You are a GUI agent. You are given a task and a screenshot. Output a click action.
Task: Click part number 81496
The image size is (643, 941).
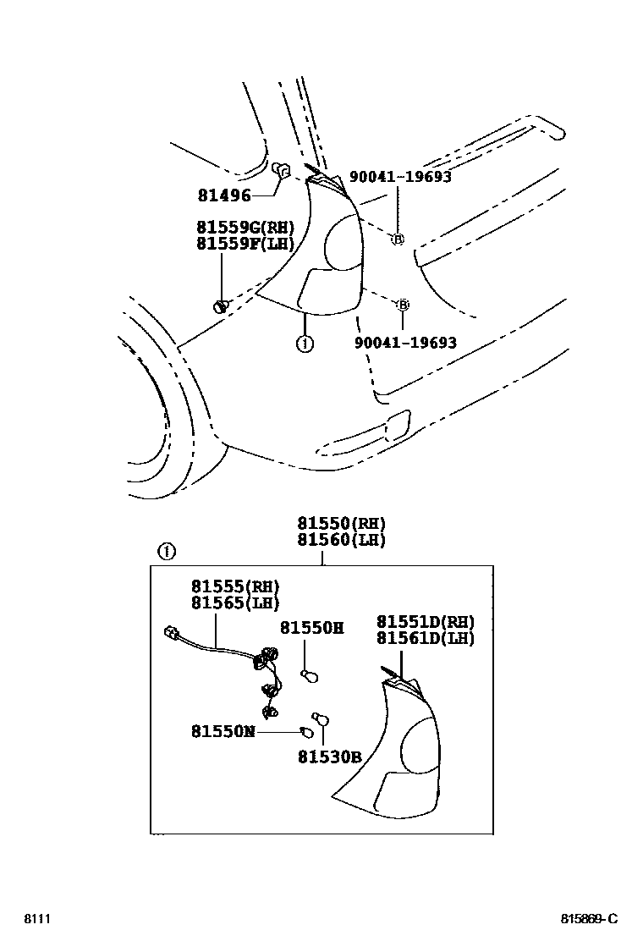224,195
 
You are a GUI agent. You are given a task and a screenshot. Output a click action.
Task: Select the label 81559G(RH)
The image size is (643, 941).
245,228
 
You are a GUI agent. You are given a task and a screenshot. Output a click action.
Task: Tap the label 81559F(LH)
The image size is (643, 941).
245,245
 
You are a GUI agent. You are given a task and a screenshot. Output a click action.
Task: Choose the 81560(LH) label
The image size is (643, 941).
341,540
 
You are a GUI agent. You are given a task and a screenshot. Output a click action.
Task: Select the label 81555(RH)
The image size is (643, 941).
234,586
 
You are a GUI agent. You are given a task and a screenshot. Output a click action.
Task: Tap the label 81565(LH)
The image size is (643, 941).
234,603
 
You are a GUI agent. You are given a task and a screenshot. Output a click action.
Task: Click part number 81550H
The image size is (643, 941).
311,628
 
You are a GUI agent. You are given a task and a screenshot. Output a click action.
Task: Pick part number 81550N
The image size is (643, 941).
223,731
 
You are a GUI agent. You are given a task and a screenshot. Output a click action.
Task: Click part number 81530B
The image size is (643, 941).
329,757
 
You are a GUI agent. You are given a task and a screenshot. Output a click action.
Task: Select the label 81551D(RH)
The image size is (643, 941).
426,622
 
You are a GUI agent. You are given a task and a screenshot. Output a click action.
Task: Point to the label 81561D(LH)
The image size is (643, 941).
426,639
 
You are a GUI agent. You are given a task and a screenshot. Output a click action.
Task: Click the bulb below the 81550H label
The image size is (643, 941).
309,674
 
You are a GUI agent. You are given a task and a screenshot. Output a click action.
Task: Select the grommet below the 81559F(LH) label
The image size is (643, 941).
222,305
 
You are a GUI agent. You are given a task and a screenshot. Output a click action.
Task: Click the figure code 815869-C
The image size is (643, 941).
589,919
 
